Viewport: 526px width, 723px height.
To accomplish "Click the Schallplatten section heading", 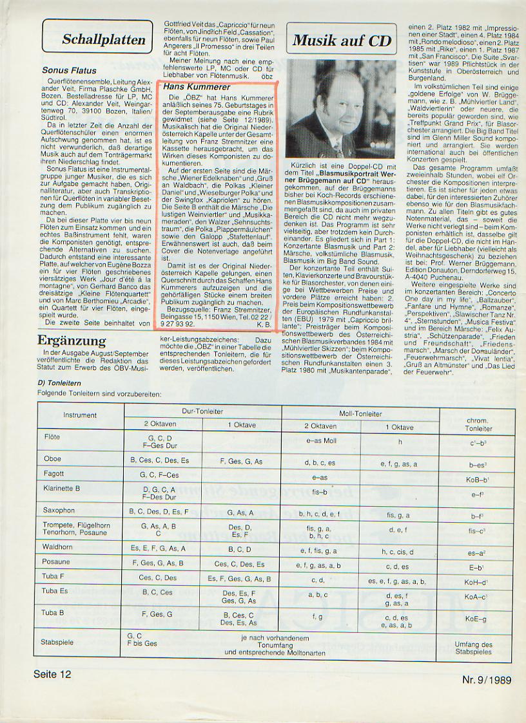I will click(103, 39).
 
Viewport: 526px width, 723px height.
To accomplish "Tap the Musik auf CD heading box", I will click(342, 41).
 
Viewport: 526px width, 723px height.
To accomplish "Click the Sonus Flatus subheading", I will click(69, 71).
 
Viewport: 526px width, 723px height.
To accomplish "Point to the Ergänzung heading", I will click(72, 341).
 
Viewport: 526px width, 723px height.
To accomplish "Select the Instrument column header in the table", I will click(80, 415).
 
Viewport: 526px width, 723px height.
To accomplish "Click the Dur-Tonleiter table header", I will click(203, 410).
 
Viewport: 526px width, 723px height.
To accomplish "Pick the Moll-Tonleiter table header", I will click(360, 413).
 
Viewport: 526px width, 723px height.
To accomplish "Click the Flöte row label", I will click(53, 437).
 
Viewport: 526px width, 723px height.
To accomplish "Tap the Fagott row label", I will click(54, 473).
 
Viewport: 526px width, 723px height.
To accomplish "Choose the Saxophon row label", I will click(59, 510).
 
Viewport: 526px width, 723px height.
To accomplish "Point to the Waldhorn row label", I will click(58, 548).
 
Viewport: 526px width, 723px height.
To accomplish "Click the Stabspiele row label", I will click(57, 642).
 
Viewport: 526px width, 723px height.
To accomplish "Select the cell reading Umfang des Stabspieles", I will click(473, 648).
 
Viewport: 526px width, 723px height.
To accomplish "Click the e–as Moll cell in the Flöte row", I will click(321, 441).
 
